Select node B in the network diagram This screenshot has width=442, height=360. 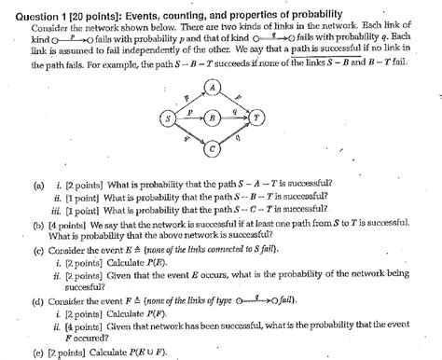coord(213,118)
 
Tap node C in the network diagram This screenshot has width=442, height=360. coord(214,148)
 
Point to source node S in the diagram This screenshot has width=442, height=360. coord(168,118)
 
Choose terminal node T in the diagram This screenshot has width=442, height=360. coord(257,118)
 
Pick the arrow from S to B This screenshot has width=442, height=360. coord(190,118)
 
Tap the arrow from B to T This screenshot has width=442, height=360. coord(235,118)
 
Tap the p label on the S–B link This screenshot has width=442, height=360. coord(189,111)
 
